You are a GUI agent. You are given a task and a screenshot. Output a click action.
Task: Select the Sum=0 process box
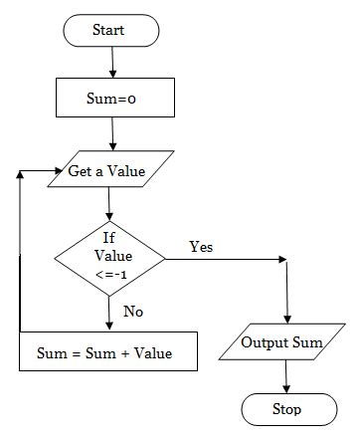(x=114, y=99)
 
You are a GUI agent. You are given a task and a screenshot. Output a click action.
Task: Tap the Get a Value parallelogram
(x=106, y=170)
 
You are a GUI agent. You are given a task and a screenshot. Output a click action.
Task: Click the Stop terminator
(x=286, y=408)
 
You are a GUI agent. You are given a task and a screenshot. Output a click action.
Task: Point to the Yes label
(x=201, y=246)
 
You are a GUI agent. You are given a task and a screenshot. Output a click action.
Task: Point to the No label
(x=133, y=312)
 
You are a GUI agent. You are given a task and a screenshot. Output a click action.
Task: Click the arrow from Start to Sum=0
(x=113, y=62)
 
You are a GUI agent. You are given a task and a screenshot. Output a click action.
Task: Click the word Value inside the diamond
(x=109, y=255)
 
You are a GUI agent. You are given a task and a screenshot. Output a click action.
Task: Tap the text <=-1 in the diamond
(x=109, y=272)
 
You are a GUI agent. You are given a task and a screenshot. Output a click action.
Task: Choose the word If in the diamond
(x=109, y=238)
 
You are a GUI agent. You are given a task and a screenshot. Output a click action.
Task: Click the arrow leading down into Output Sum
(x=286, y=294)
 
